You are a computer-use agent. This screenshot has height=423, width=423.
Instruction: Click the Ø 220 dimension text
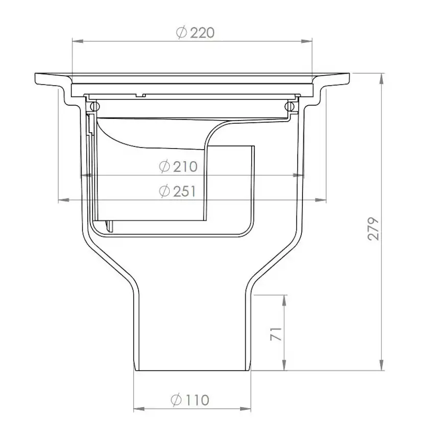195,33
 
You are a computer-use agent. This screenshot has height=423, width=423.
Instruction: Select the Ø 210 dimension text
178,166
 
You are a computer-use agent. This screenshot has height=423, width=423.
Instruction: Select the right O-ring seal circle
291,106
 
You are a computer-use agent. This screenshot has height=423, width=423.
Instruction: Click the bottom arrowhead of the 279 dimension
381,366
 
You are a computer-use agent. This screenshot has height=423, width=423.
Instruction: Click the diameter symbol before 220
180,33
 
